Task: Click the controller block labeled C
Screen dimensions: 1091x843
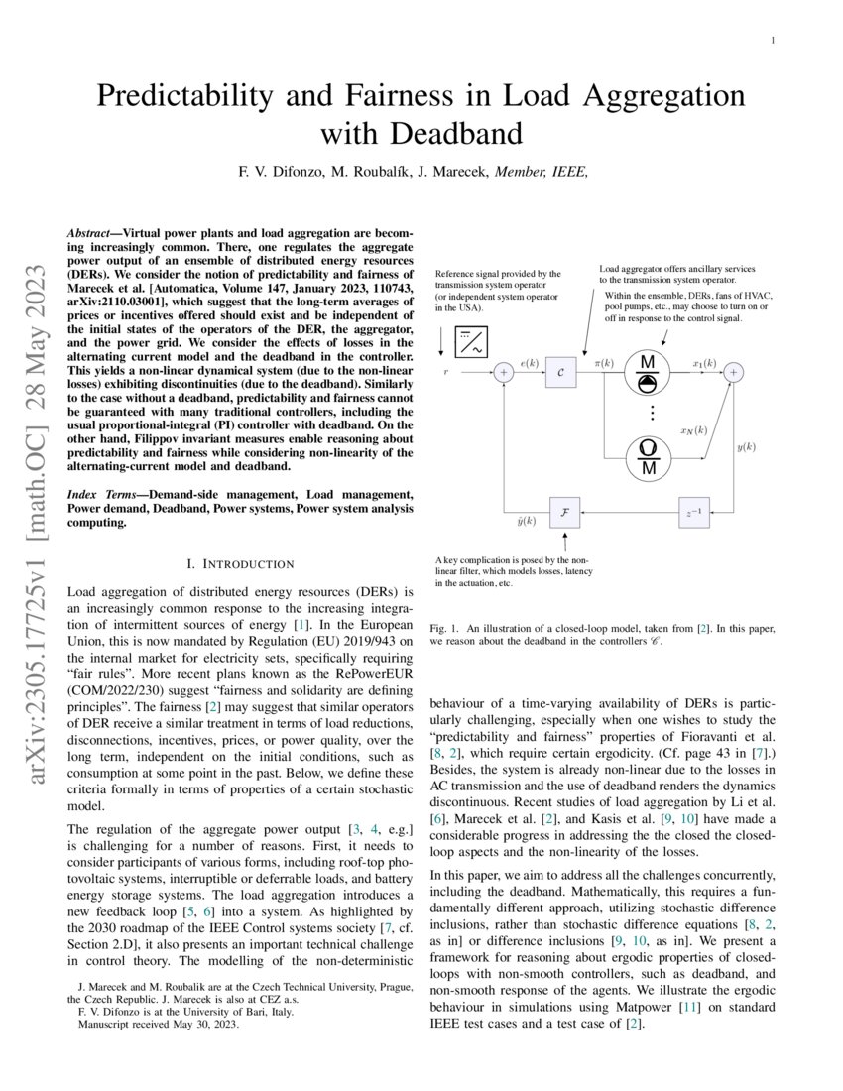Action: pos(560,372)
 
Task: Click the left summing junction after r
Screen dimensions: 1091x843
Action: pos(504,372)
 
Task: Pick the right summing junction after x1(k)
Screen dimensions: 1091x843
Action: pos(734,372)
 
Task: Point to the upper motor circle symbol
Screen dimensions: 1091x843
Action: pos(649,373)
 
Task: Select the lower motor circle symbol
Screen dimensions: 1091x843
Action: pos(649,455)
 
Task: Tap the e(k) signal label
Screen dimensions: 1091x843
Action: pos(529,364)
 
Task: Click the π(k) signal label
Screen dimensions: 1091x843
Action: pos(606,364)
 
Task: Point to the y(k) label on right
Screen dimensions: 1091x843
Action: pos(746,446)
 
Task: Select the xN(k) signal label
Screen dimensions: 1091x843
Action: pos(693,430)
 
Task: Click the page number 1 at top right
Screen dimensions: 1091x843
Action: pos(772,40)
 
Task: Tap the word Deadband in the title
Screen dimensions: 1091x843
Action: pos(451,134)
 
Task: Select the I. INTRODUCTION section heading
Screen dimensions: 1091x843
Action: pos(240,564)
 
